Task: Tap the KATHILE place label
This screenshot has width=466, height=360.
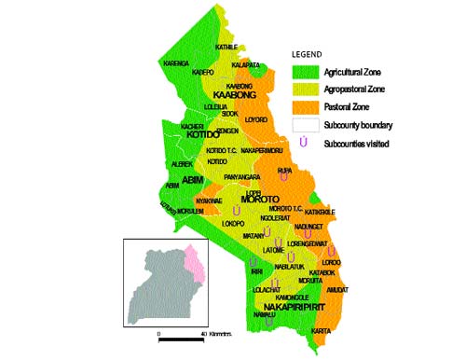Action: pyautogui.click(x=227, y=47)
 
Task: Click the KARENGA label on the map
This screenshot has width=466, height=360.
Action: pyautogui.click(x=176, y=63)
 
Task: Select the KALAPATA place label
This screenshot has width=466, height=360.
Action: pyautogui.click(x=246, y=65)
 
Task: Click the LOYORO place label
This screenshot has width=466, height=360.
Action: pyautogui.click(x=255, y=120)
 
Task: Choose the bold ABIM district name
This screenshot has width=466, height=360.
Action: pyautogui.click(x=193, y=178)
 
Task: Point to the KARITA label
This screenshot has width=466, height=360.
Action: pyautogui.click(x=321, y=331)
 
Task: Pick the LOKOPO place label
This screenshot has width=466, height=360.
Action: pyautogui.click(x=233, y=224)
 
